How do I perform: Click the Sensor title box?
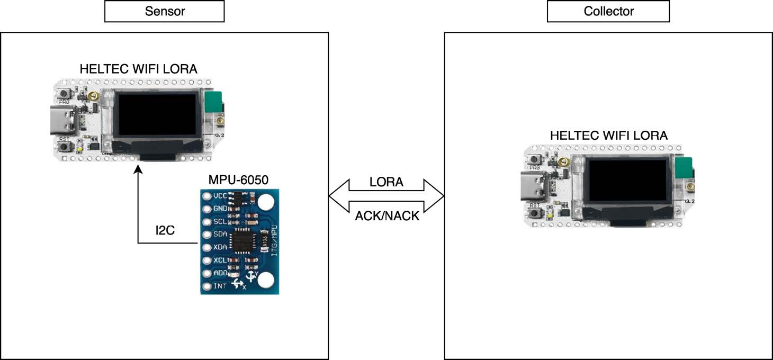click(164, 11)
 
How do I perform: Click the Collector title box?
click(608, 11)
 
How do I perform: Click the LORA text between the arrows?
click(386, 183)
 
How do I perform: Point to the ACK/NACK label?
click(387, 216)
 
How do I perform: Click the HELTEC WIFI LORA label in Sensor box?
click(138, 69)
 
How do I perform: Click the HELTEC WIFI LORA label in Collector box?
click(608, 136)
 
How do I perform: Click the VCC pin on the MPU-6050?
click(207, 196)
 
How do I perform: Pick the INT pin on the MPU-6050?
click(207, 286)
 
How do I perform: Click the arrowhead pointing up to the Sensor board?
click(138, 169)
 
